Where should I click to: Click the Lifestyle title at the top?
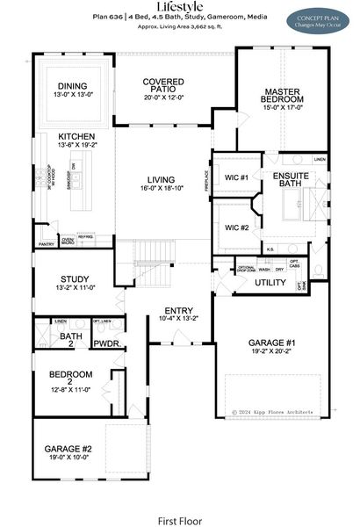[180, 6]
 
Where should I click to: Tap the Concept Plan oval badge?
[318, 18]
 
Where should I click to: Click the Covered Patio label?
[163, 85]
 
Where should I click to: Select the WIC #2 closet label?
[232, 227]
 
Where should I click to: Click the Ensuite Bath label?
[291, 180]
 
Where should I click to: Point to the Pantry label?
[47, 245]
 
